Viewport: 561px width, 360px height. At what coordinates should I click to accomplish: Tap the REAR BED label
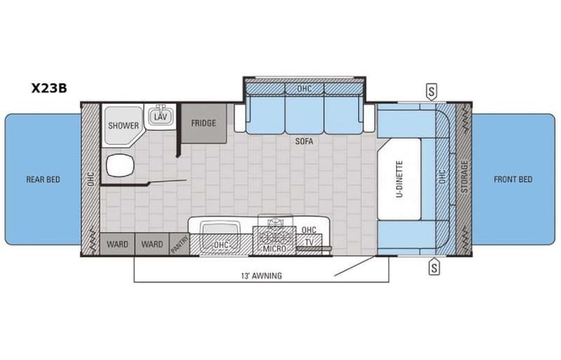[42, 180]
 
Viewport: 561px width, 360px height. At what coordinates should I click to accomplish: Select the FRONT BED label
[513, 180]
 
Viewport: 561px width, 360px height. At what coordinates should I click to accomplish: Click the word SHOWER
[123, 125]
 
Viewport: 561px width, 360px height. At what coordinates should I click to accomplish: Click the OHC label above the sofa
[305, 89]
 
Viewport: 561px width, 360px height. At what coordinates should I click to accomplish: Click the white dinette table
[401, 177]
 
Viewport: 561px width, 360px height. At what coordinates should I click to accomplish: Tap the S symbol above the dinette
[434, 91]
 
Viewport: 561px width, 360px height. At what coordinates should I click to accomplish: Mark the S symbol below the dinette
[434, 267]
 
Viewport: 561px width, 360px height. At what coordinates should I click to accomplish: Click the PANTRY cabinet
[180, 245]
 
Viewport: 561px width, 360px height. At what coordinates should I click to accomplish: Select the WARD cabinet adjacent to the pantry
[151, 245]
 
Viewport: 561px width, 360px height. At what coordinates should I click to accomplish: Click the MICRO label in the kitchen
[274, 248]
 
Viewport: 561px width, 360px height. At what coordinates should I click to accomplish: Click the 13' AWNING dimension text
[261, 276]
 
